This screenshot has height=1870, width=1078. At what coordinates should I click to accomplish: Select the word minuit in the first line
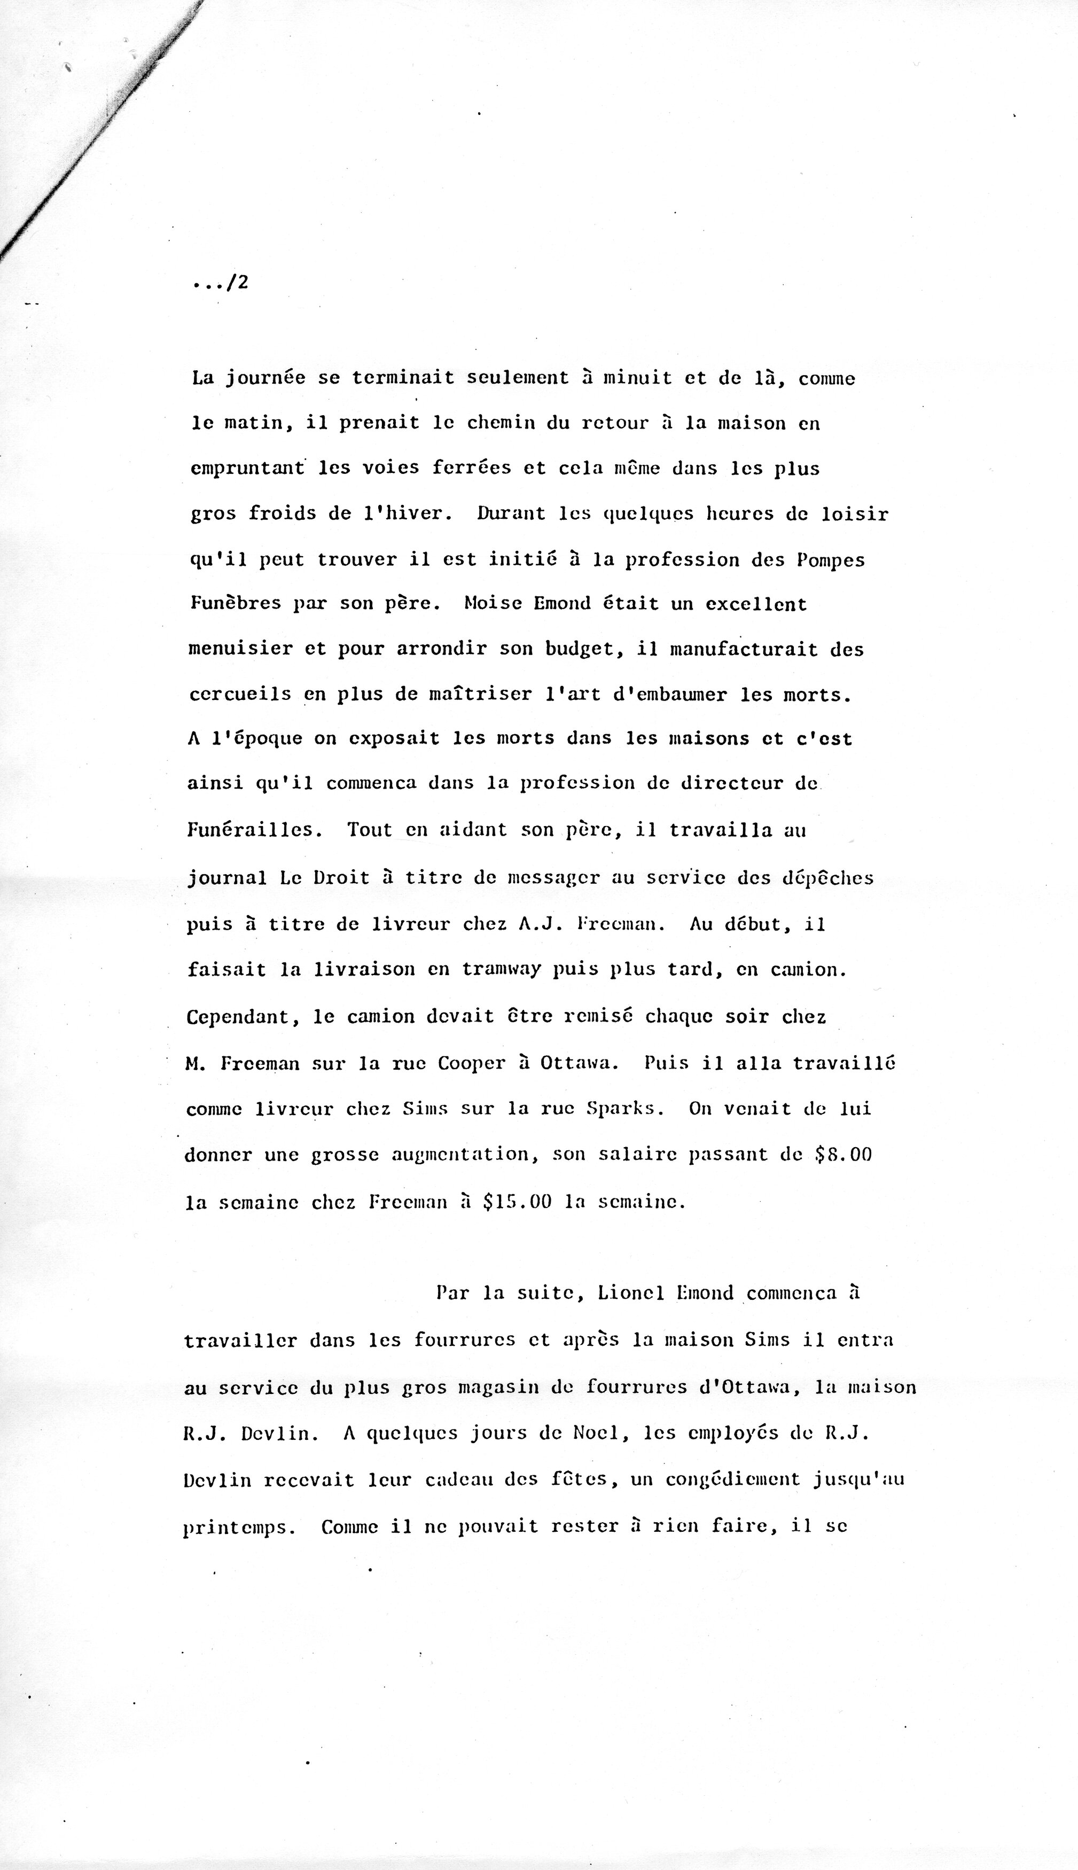click(637, 378)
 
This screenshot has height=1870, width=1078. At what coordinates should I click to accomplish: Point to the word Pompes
click(831, 560)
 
